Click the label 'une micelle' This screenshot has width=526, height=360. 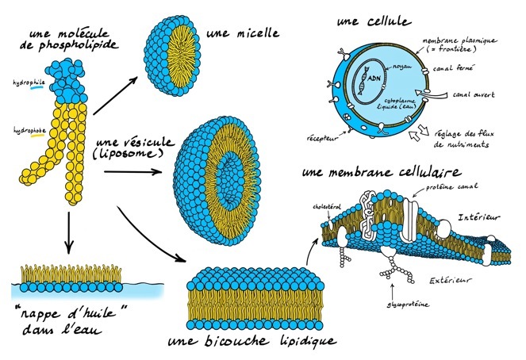(x=241, y=34)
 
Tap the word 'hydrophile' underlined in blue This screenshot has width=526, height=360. (x=25, y=82)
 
